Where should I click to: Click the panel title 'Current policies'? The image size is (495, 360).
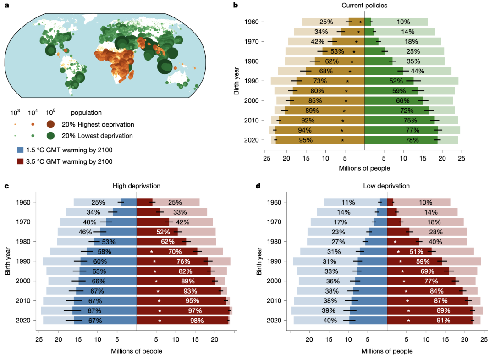click(x=364, y=6)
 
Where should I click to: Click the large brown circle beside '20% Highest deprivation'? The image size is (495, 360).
click(x=50, y=124)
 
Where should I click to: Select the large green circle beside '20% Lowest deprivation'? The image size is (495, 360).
click(x=50, y=136)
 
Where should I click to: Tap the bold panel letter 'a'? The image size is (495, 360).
click(x=6, y=6)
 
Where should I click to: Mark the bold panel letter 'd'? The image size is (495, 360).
click(x=258, y=186)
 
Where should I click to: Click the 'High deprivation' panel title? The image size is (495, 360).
click(x=137, y=186)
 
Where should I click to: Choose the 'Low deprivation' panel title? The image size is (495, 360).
click(x=386, y=186)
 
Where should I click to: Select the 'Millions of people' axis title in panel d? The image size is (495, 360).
click(x=387, y=351)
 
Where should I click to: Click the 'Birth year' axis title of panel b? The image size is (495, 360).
click(x=236, y=81)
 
